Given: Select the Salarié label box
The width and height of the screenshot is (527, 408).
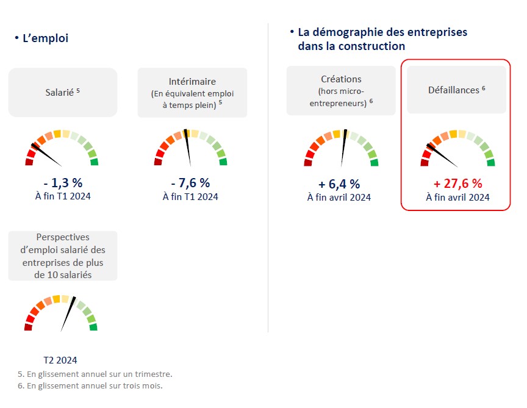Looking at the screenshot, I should [62, 92].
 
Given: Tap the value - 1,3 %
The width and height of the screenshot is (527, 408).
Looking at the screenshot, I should [62, 183].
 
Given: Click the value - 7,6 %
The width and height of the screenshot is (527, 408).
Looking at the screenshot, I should [190, 183].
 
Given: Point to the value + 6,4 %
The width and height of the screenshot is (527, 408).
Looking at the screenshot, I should [339, 184].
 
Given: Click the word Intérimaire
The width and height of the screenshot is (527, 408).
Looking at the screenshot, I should [192, 81].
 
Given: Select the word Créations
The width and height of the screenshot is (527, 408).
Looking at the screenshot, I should [341, 79].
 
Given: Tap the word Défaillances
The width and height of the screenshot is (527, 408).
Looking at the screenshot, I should [454, 90].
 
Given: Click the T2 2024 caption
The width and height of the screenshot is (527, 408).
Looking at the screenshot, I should [60, 360].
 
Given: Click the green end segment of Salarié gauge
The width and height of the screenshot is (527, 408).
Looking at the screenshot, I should [95, 162].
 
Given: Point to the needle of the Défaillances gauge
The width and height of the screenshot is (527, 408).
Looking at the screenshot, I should [443, 156].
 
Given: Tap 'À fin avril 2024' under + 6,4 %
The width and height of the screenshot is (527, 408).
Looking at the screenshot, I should [339, 197].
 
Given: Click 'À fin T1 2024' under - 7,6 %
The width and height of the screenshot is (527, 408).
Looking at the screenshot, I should [190, 196].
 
